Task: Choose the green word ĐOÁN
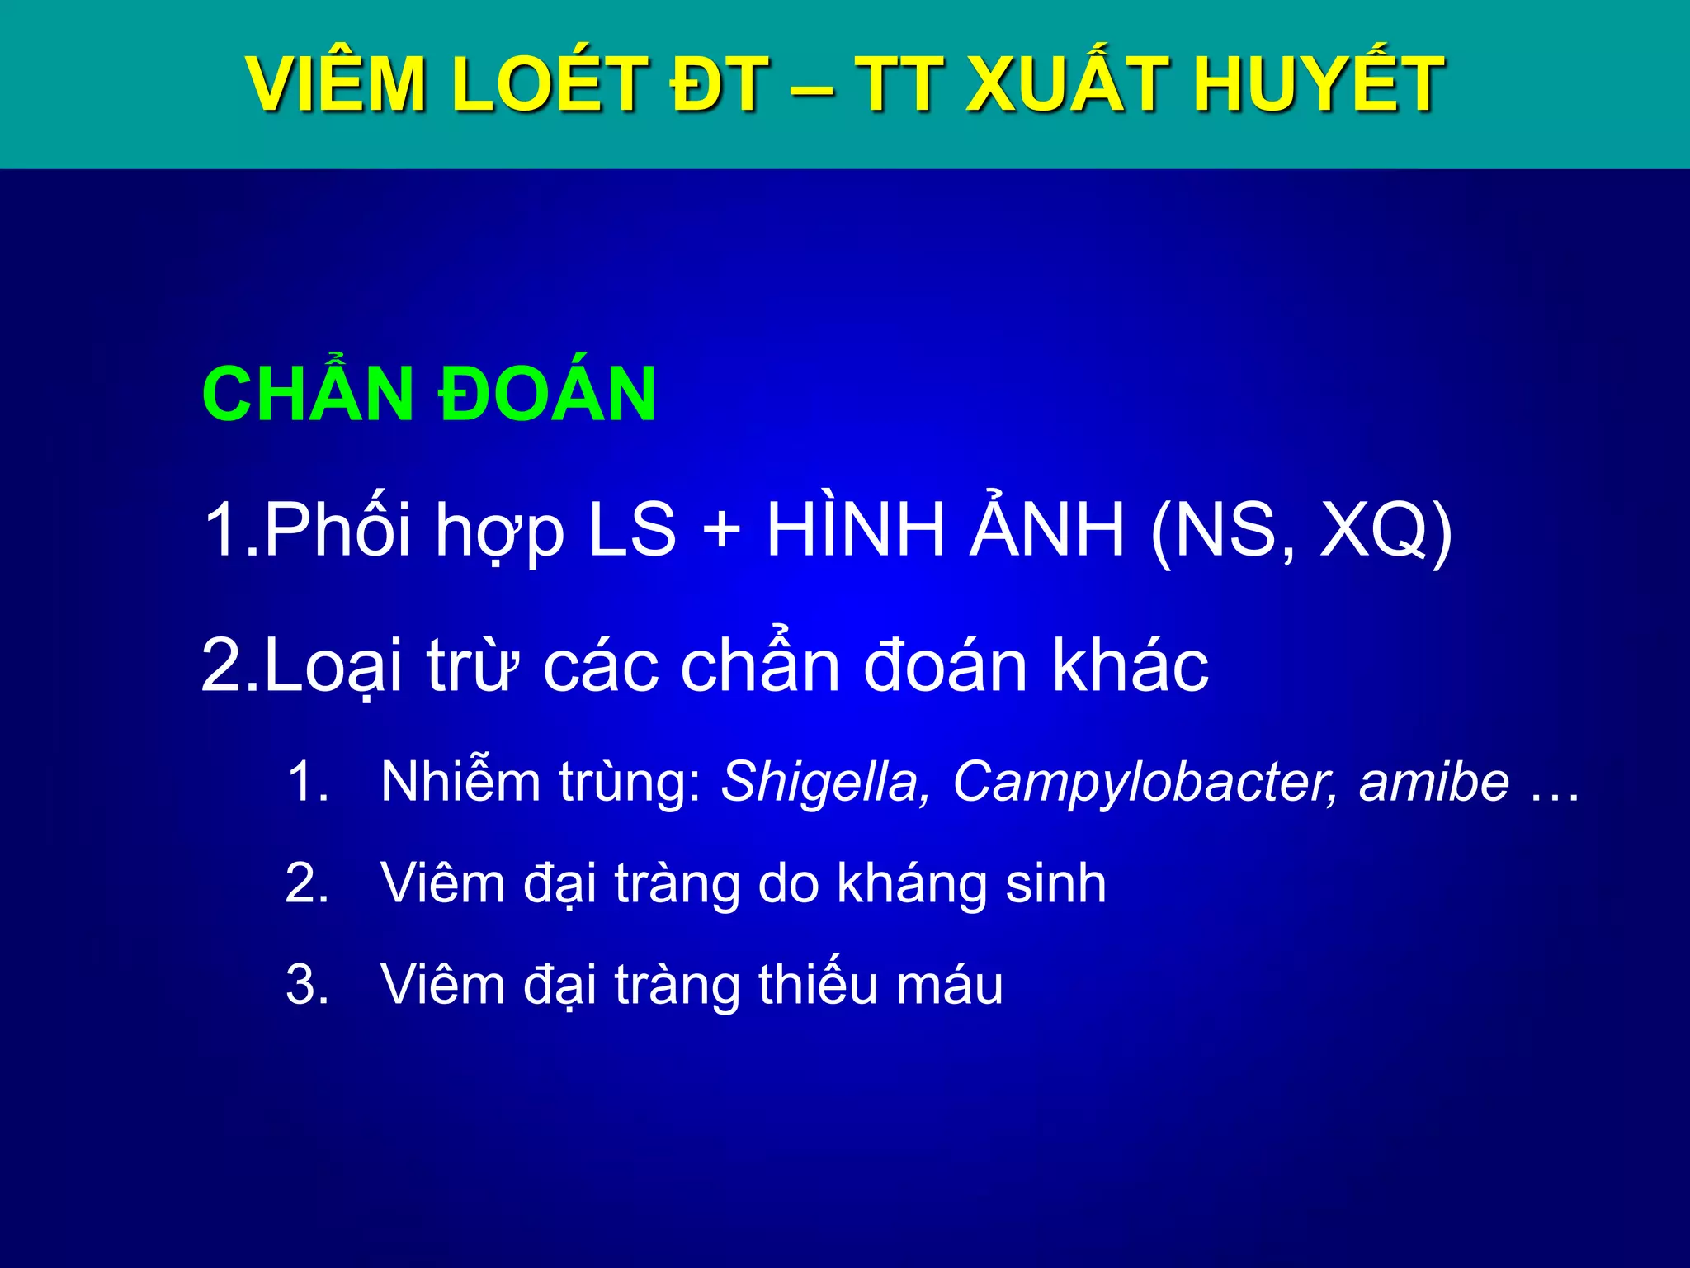[546, 395]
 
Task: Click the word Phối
[338, 530]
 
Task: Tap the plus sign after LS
[722, 530]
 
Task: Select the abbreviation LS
[631, 530]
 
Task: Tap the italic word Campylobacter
[1144, 781]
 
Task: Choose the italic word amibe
[1434, 781]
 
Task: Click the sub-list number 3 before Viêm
[306, 986]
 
